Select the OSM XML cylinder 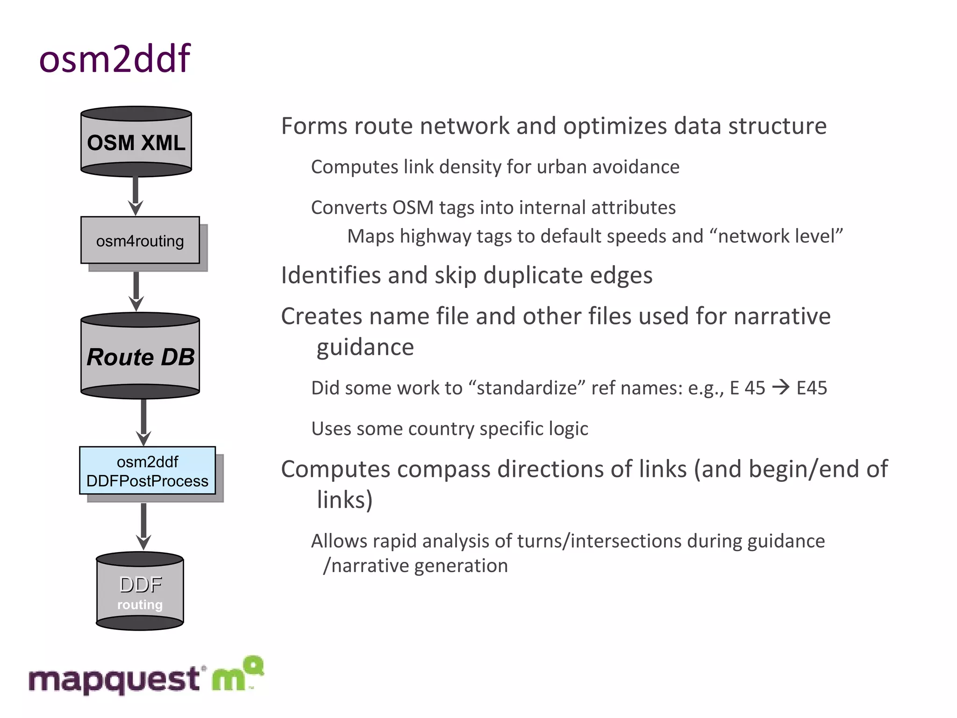click(x=136, y=142)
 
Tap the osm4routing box click(x=140, y=240)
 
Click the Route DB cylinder click(x=140, y=356)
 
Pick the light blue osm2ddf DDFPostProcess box click(x=147, y=471)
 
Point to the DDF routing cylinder click(x=140, y=592)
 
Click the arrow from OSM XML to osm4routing click(x=136, y=195)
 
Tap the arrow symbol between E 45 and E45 click(x=780, y=388)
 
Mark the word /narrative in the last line click(x=366, y=566)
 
